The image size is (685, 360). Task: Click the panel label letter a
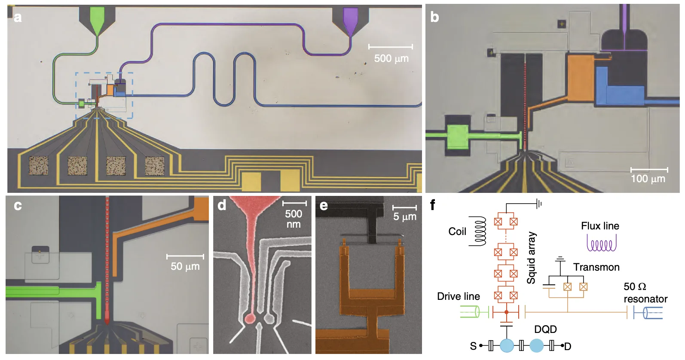click(x=18, y=18)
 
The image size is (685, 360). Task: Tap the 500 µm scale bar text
click(x=391, y=58)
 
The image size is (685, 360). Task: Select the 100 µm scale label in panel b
click(x=648, y=179)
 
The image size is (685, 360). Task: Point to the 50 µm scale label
click(x=185, y=266)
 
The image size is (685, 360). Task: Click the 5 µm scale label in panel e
click(x=404, y=217)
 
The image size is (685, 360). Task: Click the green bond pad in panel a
click(x=97, y=18)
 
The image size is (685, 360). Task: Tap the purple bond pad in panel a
click(x=351, y=19)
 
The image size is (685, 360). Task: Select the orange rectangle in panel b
click(x=581, y=78)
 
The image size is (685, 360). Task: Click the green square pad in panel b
click(x=458, y=137)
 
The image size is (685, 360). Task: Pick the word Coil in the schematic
click(x=457, y=232)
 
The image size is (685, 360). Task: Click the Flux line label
click(x=600, y=226)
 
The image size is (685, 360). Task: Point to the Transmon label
click(x=596, y=267)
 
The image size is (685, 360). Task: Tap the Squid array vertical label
click(x=531, y=258)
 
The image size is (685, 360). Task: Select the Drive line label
click(x=459, y=296)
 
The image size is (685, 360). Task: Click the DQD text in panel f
click(x=546, y=329)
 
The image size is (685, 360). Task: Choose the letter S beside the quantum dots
click(x=473, y=346)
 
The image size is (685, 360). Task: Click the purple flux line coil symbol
click(x=601, y=243)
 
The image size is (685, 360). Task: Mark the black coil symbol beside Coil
click(x=478, y=231)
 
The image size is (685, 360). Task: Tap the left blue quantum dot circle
click(x=507, y=346)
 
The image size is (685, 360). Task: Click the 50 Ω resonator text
click(x=645, y=293)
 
